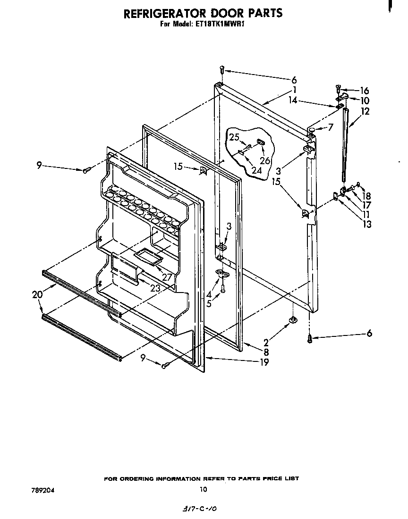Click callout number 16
[365, 91]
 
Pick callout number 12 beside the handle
[365, 111]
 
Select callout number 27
[167, 277]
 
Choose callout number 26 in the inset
[265, 160]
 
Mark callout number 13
[366, 224]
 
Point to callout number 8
[266, 352]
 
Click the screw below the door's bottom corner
[310, 338]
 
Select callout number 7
[331, 127]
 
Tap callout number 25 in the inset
[234, 137]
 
